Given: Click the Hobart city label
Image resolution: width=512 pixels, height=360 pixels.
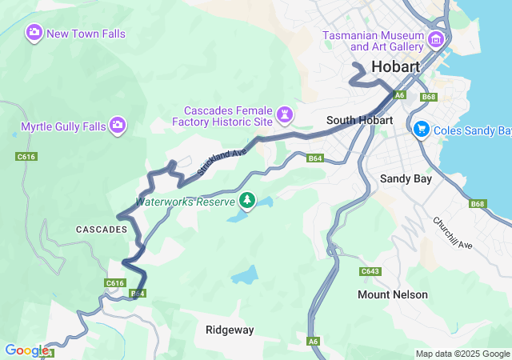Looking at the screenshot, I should coord(395,67).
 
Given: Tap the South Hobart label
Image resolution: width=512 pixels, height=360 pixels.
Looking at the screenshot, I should coord(359,120).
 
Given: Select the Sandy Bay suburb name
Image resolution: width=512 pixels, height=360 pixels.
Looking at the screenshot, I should coord(406,178).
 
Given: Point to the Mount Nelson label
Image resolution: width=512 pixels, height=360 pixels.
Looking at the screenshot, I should coord(392,294).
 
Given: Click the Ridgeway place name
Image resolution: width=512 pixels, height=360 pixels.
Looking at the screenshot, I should coord(230,330).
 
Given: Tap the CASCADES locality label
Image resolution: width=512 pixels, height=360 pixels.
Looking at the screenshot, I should coord(102,230).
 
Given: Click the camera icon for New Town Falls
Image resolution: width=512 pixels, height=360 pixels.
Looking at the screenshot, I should coord(34,33).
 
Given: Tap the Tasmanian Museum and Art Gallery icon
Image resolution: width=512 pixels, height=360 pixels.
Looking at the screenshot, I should coord(436,40).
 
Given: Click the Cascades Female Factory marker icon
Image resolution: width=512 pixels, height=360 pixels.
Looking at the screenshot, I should coord(284,116).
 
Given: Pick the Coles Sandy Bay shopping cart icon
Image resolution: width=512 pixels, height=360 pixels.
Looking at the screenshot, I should coord(422,129).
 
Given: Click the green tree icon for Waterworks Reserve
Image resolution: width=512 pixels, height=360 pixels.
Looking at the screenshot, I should coord(248,200).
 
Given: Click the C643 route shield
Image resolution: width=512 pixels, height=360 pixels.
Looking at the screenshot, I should coord(370,272).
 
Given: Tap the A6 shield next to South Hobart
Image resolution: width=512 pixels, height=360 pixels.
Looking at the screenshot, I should coord(401,95).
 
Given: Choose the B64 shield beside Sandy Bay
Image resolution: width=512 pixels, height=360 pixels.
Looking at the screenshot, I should coord(315,158).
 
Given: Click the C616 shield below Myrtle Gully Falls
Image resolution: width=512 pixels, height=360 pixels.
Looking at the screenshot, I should coord(26,158).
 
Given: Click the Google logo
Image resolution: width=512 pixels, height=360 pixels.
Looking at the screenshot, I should coord(26,350).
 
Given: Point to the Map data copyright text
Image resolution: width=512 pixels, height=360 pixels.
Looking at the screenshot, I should coord(462,354).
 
